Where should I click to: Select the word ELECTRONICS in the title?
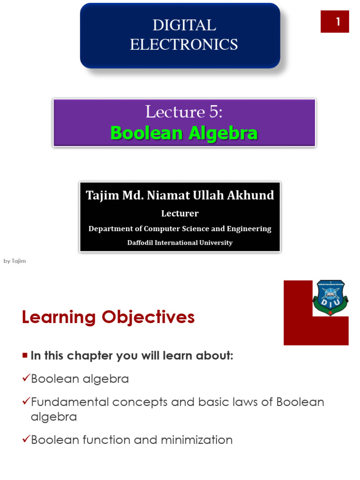point(183,45)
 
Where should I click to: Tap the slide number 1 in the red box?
point(335,22)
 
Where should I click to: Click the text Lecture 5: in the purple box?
point(184,112)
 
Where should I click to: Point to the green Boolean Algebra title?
point(184,133)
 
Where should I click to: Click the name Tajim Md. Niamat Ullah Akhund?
point(180,195)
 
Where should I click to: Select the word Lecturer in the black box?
point(180,214)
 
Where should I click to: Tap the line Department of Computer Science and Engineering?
point(180,229)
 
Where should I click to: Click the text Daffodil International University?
point(180,243)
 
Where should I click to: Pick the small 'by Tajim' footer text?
point(15,261)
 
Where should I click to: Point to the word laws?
point(247,402)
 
